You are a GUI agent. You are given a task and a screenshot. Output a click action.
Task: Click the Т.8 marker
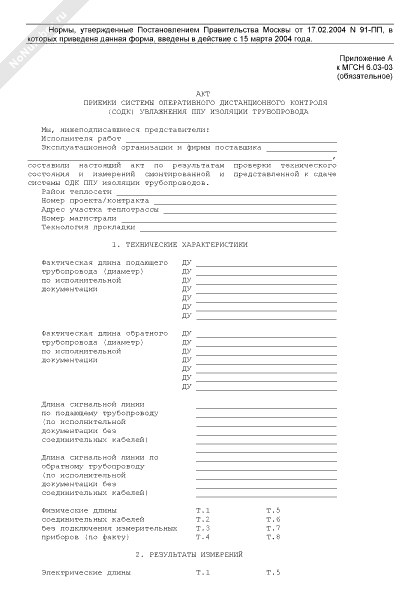coord(273,537)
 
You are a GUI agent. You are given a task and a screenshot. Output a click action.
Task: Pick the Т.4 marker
coord(202,537)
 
